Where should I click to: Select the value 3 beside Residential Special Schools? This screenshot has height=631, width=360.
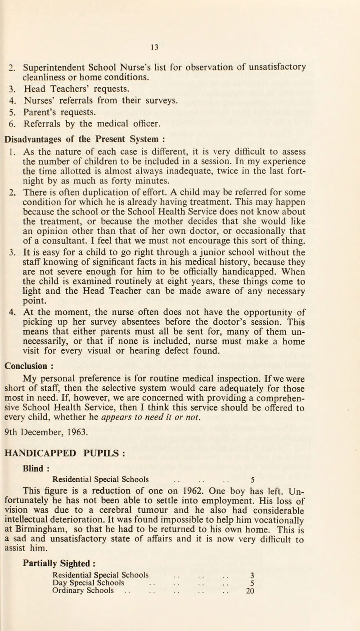click(x=252, y=600)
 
